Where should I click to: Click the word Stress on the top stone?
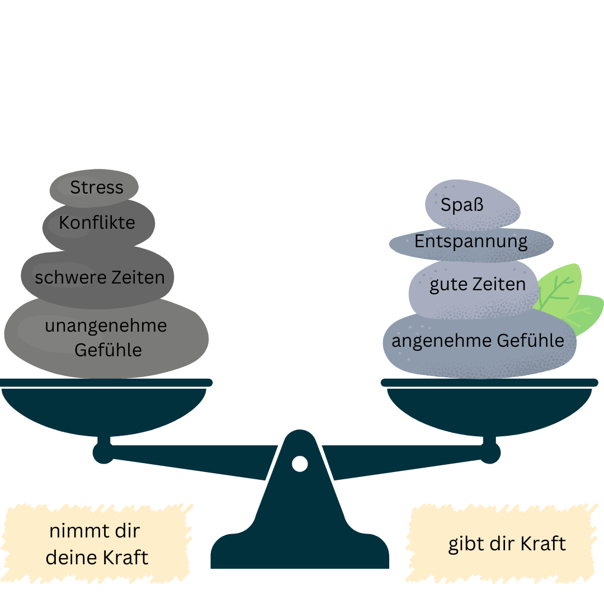97,187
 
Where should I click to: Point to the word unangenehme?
106,326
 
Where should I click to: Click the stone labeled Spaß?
473,205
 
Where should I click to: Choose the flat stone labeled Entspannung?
471,244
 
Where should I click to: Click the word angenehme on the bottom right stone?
442,341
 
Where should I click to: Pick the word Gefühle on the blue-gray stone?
530,341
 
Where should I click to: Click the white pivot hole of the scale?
300,464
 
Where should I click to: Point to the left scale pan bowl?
104,410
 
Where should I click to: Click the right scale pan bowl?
489,410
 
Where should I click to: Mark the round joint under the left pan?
103,453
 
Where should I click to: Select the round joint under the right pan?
489,453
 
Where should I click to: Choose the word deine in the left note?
70,558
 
